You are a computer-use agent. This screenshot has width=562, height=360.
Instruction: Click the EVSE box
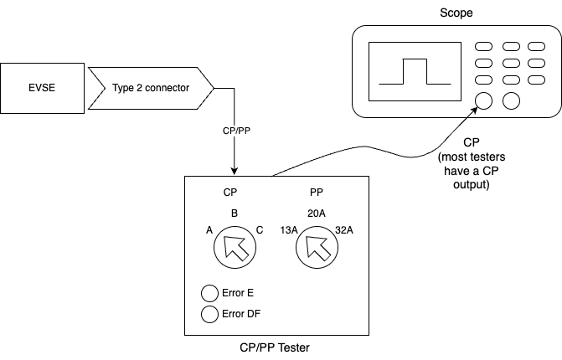coord(41,86)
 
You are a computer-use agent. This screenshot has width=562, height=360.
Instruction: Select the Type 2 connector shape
coord(151,86)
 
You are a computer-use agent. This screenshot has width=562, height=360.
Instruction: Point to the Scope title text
coord(456,13)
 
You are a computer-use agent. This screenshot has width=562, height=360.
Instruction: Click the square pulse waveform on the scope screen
coord(415,72)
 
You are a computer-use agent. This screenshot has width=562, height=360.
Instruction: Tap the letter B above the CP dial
coord(235,213)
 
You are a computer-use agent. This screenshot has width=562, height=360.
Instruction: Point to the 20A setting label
coord(316,213)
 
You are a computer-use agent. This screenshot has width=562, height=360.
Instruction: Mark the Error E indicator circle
coord(209,294)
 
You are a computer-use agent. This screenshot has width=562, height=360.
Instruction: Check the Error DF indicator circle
coord(209,315)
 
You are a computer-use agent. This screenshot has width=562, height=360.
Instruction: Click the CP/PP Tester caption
coord(276,347)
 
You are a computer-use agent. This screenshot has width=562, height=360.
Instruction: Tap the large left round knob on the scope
coord(483,101)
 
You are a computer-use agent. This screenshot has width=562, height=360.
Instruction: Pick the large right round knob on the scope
coord(510,101)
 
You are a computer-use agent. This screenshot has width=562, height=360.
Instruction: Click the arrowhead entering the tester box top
coord(235,171)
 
